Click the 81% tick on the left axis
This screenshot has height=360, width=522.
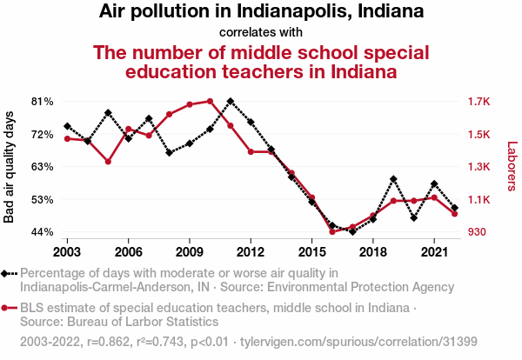tap(42, 101)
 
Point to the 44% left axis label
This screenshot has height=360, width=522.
tap(42, 232)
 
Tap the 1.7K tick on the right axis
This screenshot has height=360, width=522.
tap(479, 101)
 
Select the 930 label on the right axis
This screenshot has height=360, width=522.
tap(478, 232)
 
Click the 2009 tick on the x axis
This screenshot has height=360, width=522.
tap(190, 252)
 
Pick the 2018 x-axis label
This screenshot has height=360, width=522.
tap(372, 252)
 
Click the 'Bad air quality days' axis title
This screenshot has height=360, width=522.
tap(10, 166)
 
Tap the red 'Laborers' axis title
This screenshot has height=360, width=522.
tap(512, 166)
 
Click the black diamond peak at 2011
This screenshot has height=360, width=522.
tap(230, 101)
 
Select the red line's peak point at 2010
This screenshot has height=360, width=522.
tap(210, 101)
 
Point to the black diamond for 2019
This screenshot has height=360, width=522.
tap(393, 179)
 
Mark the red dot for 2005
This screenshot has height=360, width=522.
tap(108, 162)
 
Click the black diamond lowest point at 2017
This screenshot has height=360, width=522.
tap(352, 231)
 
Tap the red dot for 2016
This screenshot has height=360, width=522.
tap(332, 231)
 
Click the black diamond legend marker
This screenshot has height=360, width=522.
tap(6, 273)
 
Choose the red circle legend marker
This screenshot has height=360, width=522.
tap(6, 308)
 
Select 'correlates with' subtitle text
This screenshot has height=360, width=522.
tap(261, 32)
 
